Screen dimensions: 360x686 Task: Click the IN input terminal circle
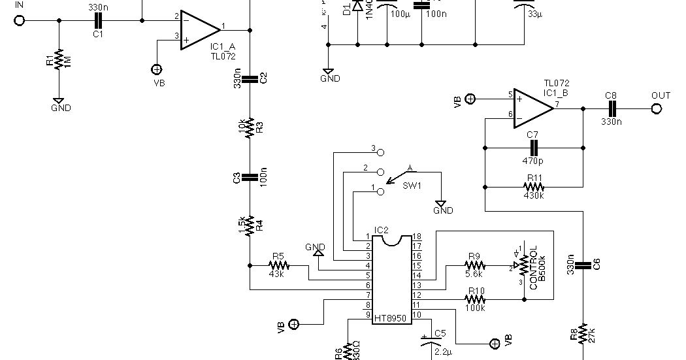pos(20,20)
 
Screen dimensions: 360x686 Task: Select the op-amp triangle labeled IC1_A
pos(199,29)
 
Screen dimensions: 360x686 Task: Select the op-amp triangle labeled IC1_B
pos(532,107)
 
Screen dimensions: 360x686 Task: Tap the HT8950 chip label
pos(389,318)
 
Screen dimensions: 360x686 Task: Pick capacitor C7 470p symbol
pos(532,148)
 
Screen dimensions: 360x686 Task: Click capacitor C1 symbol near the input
pos(98,20)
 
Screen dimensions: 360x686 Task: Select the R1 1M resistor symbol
pos(59,60)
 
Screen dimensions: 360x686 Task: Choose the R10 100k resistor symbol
pos(474,299)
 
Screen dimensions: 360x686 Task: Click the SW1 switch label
pos(412,186)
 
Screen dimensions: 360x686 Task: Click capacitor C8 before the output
pos(610,109)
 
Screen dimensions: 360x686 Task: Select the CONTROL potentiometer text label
pos(534,267)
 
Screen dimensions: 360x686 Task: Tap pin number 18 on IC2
pos(416,236)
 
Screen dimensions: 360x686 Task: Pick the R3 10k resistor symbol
pos(250,128)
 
